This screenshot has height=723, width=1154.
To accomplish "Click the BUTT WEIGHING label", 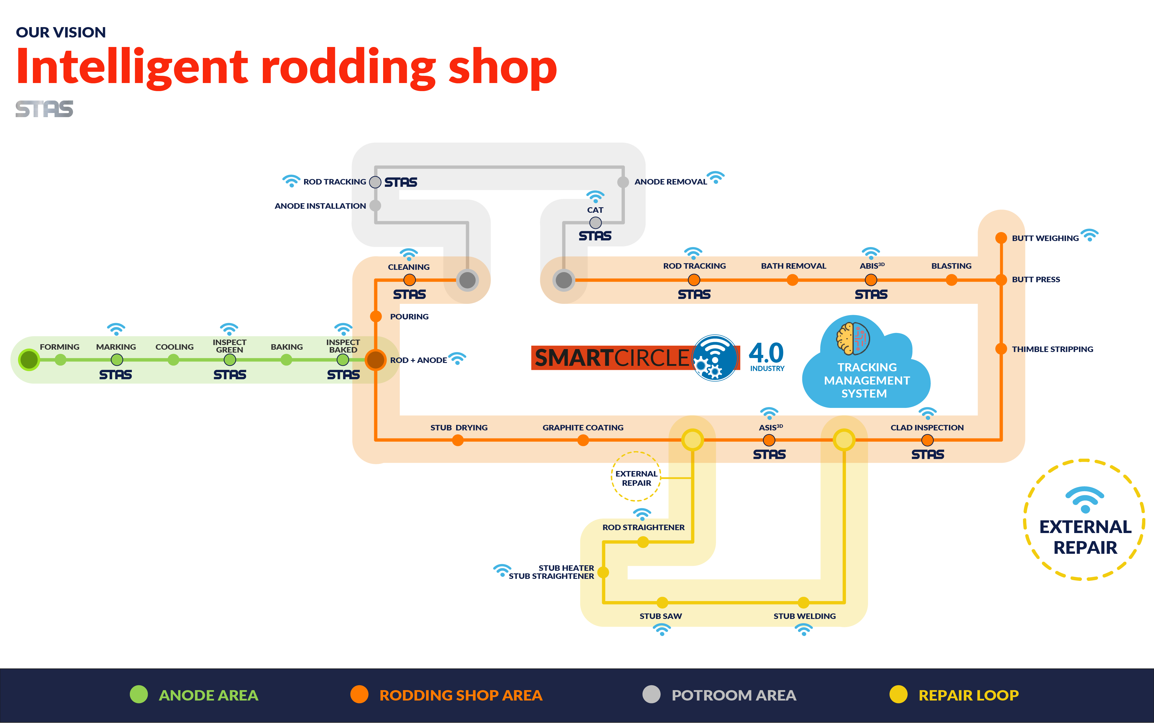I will pyautogui.click(x=1045, y=238).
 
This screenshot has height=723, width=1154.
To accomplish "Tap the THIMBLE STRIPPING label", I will pyautogui.click(x=1052, y=349).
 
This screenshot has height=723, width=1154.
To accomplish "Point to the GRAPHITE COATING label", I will pyautogui.click(x=583, y=428).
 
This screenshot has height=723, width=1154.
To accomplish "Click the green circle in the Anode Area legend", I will pyautogui.click(x=139, y=694).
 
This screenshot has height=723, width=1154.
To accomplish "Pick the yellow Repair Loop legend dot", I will pyautogui.click(x=898, y=694).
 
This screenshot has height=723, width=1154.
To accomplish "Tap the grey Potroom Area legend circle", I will pyautogui.click(x=651, y=694).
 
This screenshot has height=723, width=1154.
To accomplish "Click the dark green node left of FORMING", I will pyautogui.click(x=29, y=359).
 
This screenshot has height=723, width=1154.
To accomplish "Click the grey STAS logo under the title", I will pyautogui.click(x=44, y=109).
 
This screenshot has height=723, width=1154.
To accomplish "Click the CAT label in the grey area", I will pyautogui.click(x=595, y=210).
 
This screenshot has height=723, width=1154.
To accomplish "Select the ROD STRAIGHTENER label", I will pyautogui.click(x=643, y=528).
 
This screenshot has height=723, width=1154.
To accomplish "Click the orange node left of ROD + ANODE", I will pyautogui.click(x=376, y=359).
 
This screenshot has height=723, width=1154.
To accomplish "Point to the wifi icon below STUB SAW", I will pyautogui.click(x=662, y=630).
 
